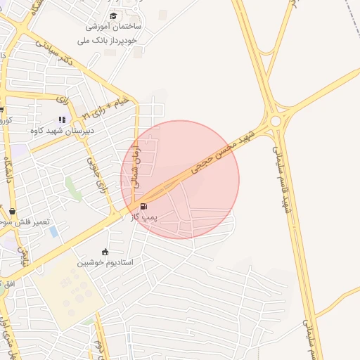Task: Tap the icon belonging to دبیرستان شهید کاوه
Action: pyautogui.click(x=62, y=120)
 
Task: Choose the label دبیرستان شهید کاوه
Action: pyautogui.click(x=62, y=131)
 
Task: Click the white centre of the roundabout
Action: pyautogui.click(x=276, y=121)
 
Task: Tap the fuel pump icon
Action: pyautogui.click(x=144, y=206)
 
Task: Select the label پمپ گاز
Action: pyautogui.click(x=143, y=217)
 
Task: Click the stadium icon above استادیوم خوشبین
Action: pyautogui.click(x=105, y=252)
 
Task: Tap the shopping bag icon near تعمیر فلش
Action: pyautogui.click(x=13, y=211)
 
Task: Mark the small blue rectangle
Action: pyautogui.click(x=53, y=231)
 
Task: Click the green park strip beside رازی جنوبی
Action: pyautogui.click(x=72, y=187)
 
